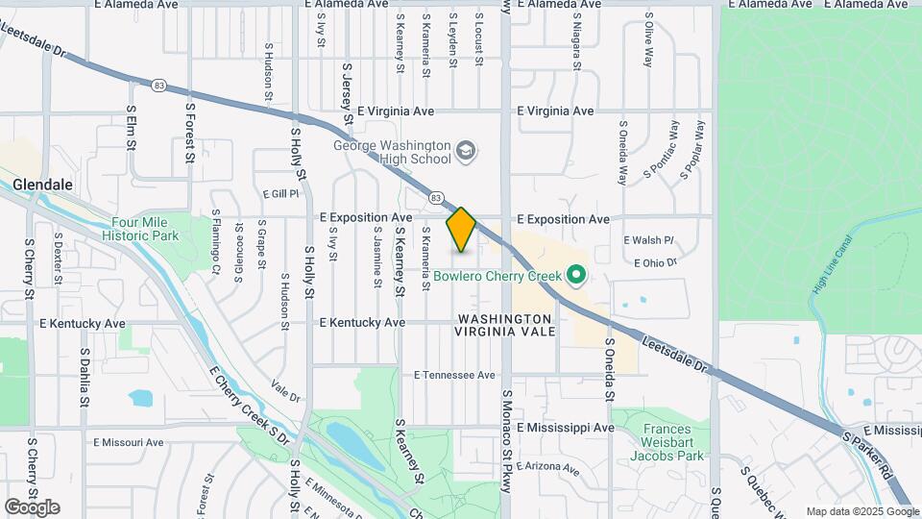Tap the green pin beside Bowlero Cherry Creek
[576, 277]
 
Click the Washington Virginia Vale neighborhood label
[505, 325]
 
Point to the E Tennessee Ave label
[454, 375]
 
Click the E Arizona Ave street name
[548, 469]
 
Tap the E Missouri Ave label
[129, 442]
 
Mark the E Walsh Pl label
[649, 240]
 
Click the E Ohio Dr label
[656, 261]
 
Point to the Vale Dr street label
[285, 388]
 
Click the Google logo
[32, 507]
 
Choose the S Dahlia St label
[85, 377]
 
